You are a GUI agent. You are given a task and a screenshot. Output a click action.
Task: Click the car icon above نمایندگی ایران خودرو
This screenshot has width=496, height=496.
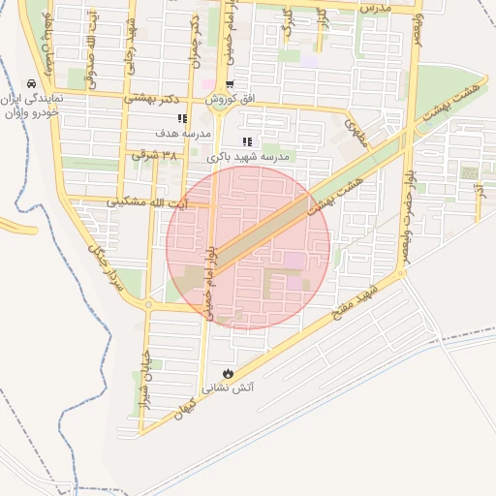click(x=33, y=83)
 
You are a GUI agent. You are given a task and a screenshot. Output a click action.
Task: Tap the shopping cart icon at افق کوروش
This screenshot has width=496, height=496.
click(x=229, y=84)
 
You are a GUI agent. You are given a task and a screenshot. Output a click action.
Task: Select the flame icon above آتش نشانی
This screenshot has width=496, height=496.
click(x=228, y=373)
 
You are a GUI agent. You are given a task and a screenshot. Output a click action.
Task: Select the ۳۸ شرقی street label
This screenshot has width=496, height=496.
click(x=158, y=154)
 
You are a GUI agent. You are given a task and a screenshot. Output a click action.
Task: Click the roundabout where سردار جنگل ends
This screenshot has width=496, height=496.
click(x=148, y=305)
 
